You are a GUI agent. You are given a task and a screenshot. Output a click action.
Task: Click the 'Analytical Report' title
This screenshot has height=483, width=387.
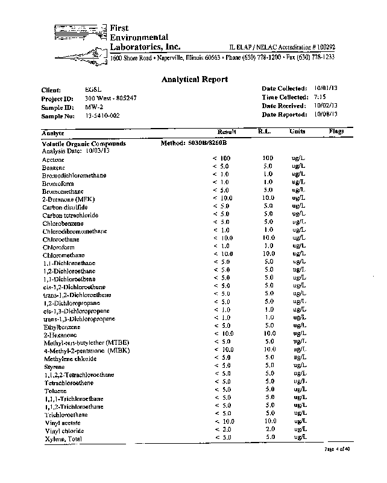194,79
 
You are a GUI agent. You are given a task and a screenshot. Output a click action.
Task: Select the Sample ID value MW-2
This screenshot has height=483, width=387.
93,106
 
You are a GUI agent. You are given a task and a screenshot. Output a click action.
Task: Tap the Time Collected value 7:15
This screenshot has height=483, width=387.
321,97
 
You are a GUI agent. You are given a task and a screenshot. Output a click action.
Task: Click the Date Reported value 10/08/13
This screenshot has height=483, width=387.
326,114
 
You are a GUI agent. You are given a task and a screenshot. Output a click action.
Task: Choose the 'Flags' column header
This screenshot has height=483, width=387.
336,130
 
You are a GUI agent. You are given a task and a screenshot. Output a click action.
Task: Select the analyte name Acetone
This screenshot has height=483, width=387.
53,159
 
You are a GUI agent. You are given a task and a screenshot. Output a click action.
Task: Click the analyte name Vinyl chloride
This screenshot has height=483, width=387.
63,431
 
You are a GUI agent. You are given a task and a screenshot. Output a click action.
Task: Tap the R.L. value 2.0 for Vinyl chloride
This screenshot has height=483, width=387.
269,429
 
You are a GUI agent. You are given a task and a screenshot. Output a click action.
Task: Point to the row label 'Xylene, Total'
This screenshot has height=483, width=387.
63,439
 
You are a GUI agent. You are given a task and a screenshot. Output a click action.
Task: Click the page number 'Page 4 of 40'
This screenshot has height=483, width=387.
337,449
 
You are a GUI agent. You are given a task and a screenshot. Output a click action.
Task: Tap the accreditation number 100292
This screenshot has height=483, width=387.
323,47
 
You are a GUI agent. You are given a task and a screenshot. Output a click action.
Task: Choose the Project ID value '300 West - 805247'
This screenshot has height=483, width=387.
111,98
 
